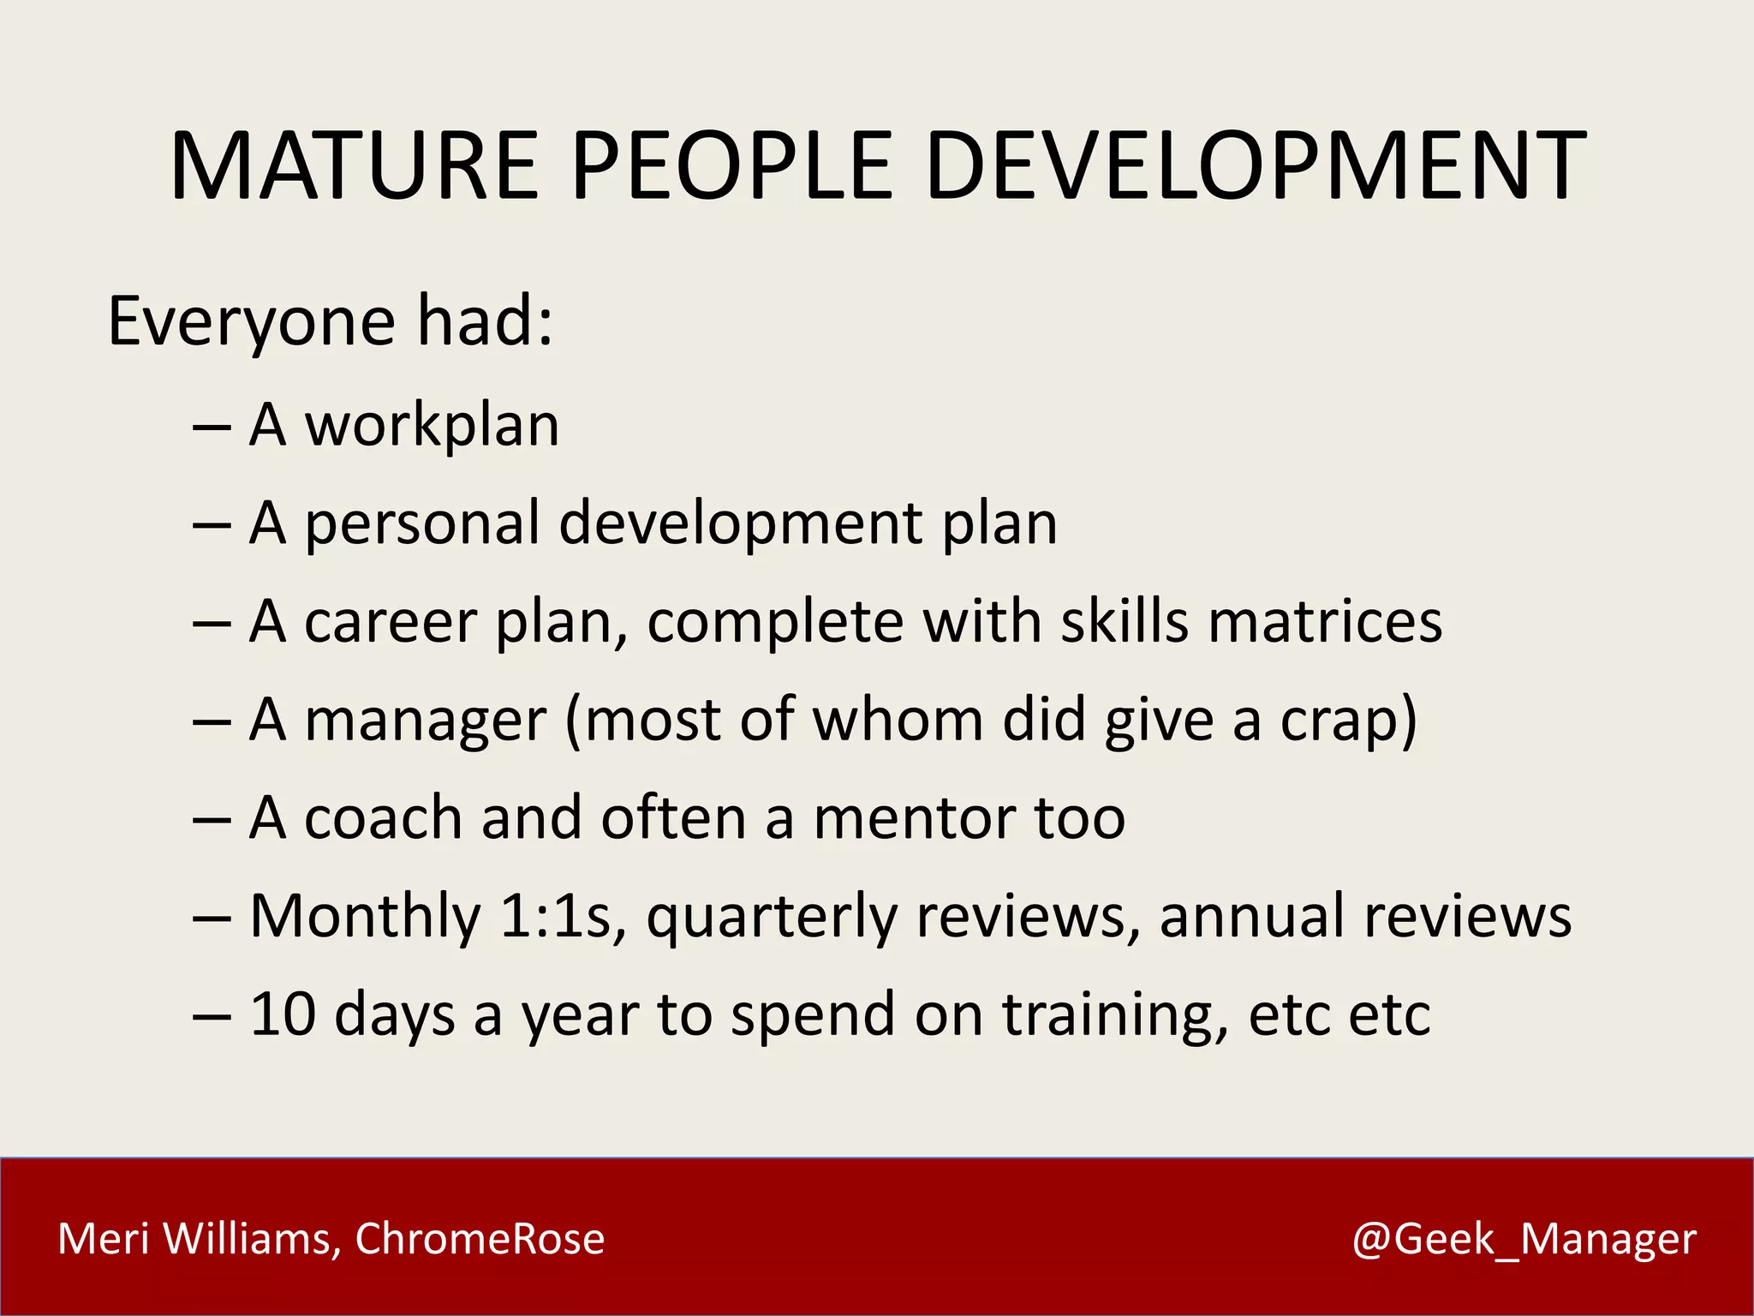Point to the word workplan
tap(432, 425)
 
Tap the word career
tap(390, 622)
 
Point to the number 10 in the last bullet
tap(283, 1014)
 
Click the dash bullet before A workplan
tap(212, 427)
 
